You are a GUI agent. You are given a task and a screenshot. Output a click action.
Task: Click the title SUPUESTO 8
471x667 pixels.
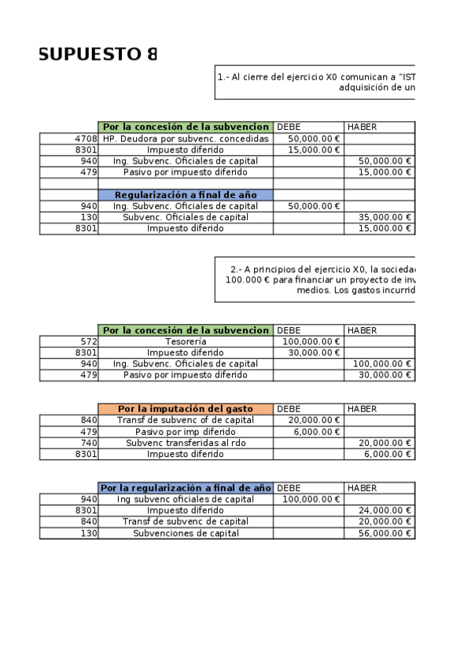click(98, 54)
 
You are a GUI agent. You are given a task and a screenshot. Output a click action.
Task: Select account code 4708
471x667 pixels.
click(84, 138)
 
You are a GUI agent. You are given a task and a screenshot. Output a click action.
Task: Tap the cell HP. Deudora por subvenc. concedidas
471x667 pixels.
click(186, 138)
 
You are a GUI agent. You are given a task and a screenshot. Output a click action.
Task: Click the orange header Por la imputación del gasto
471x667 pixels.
click(186, 409)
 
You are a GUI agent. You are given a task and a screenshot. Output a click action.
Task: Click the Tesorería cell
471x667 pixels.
click(186, 341)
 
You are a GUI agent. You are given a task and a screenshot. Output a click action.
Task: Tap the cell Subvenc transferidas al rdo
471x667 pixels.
click(186, 443)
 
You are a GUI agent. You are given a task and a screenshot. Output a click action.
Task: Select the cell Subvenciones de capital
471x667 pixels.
click(186, 532)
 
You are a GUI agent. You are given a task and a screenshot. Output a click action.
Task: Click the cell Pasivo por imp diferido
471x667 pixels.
click(186, 432)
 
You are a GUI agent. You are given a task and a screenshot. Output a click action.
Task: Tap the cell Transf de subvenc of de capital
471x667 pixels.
click(186, 421)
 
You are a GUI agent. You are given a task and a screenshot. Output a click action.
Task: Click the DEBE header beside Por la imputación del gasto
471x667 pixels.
click(289, 409)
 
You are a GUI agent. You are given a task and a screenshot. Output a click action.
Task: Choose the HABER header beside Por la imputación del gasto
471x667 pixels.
click(362, 409)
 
